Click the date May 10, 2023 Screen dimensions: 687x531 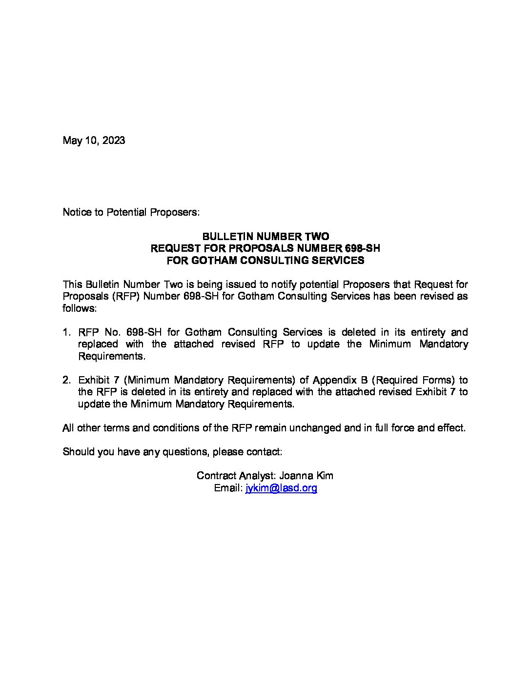94,141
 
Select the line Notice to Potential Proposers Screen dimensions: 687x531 131,212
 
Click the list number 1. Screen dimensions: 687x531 66,332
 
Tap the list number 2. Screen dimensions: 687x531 66,380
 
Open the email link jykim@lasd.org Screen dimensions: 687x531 281,488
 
